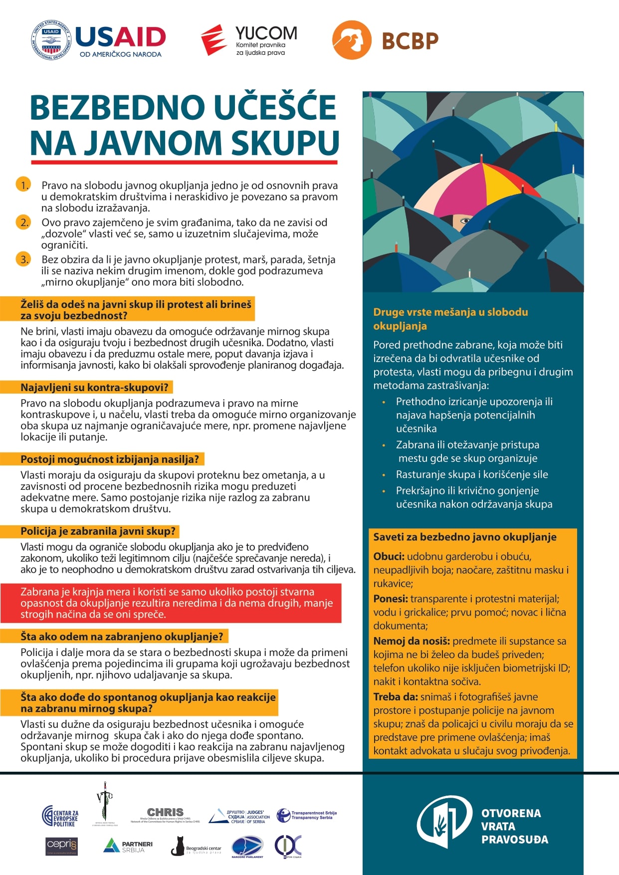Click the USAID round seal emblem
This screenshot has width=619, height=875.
point(52,40)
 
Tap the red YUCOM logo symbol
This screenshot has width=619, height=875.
point(213,39)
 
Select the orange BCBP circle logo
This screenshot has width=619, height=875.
point(352,40)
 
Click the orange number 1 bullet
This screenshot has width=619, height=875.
point(23,185)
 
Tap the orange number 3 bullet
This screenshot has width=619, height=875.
point(23,259)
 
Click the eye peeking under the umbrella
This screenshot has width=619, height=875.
point(464,219)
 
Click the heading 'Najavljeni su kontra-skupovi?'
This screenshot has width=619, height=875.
point(95,388)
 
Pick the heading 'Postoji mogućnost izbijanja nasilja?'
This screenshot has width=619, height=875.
point(110,459)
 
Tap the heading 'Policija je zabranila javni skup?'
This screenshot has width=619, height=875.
point(98,531)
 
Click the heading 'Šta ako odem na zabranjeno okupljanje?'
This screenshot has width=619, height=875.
point(122,637)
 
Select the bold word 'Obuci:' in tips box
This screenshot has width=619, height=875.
point(389,557)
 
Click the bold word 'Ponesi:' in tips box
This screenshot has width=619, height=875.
point(391,599)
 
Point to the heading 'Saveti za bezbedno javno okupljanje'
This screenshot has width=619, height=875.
point(465,537)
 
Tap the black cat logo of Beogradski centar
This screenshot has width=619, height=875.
point(178,846)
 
